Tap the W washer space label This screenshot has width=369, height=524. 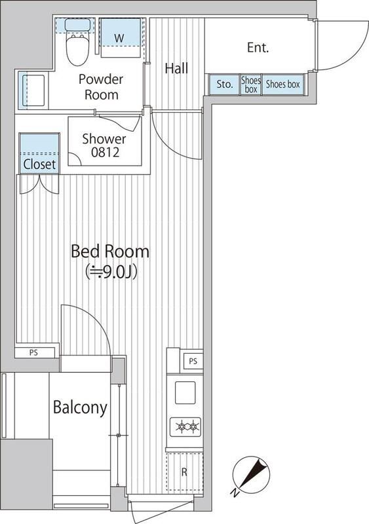click(119, 38)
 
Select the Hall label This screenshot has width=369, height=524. click(177, 69)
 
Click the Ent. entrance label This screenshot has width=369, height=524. click(258, 48)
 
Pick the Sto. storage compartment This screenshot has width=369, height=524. click(224, 84)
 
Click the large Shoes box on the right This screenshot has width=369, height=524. click(282, 84)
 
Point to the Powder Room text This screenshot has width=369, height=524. click(101, 87)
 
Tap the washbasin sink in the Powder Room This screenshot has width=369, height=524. click(33, 90)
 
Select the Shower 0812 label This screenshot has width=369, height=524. click(104, 145)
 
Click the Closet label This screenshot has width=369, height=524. click(39, 164)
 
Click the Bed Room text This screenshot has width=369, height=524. click(110, 252)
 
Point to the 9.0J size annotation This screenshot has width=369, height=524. click(111, 272)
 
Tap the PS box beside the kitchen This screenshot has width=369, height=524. click(193, 362)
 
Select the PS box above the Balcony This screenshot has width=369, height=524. click(34, 352)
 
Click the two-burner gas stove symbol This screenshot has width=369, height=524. click(185, 427)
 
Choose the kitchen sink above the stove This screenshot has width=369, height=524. click(185, 392)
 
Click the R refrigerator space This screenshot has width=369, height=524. click(184, 472)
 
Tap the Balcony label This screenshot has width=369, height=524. click(81, 407)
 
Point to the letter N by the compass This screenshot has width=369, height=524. click(235, 493)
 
